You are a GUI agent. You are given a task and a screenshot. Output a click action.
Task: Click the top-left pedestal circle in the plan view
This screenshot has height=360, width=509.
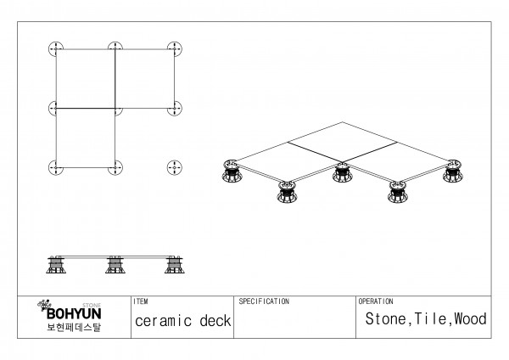56,48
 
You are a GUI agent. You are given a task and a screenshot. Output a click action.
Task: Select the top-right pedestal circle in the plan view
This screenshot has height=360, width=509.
176,48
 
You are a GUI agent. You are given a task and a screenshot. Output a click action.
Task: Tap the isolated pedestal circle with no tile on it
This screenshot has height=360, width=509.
176,167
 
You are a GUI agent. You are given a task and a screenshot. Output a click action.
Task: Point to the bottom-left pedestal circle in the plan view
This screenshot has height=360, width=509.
56,167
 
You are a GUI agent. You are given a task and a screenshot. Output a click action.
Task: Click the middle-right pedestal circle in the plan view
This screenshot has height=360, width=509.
176,108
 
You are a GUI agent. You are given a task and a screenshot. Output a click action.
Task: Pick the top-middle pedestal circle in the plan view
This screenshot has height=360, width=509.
115,48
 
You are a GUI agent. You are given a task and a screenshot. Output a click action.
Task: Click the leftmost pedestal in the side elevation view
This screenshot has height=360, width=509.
57,265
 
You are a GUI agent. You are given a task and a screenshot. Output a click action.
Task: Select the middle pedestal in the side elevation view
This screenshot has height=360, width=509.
115,265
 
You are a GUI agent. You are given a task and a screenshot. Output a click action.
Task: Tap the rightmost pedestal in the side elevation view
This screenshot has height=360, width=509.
175,265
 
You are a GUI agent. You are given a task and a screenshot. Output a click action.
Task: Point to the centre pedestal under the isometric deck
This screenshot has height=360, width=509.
342,175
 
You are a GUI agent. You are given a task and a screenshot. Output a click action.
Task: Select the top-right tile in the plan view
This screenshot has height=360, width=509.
145,78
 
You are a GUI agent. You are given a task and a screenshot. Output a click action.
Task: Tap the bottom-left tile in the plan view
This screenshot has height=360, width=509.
86,138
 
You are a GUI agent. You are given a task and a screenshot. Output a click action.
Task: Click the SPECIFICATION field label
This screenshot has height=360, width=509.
264,301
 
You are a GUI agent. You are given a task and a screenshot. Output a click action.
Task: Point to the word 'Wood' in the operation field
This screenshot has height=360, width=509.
471,320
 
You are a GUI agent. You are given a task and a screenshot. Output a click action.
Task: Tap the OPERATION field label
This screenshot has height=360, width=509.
376,301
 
